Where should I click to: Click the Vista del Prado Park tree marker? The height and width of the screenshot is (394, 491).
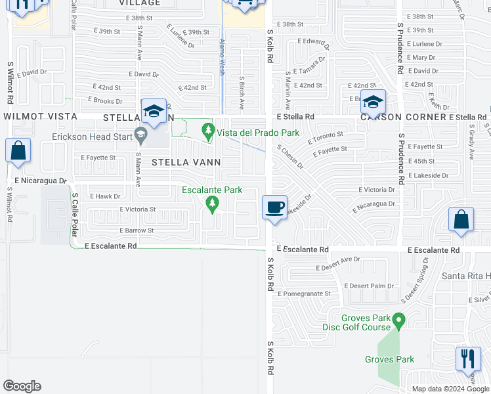(209, 131)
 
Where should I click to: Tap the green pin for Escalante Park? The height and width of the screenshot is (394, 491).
(212, 204)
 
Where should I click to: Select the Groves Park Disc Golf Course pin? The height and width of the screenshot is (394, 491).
(398, 320)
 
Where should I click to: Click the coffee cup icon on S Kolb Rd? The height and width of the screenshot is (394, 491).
(274, 208)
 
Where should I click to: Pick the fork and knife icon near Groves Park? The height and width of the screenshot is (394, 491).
(468, 359)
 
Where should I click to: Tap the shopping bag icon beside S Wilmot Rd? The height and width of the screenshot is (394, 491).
(18, 150)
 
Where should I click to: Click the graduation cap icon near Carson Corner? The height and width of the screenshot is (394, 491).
(373, 102)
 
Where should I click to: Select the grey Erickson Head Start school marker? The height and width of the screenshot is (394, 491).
(140, 136)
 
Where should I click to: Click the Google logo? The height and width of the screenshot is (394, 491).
(22, 386)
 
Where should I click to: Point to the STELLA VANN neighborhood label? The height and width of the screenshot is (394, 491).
(186, 162)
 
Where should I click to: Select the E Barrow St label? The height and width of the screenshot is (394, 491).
(137, 230)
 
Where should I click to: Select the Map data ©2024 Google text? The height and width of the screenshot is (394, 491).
(450, 389)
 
